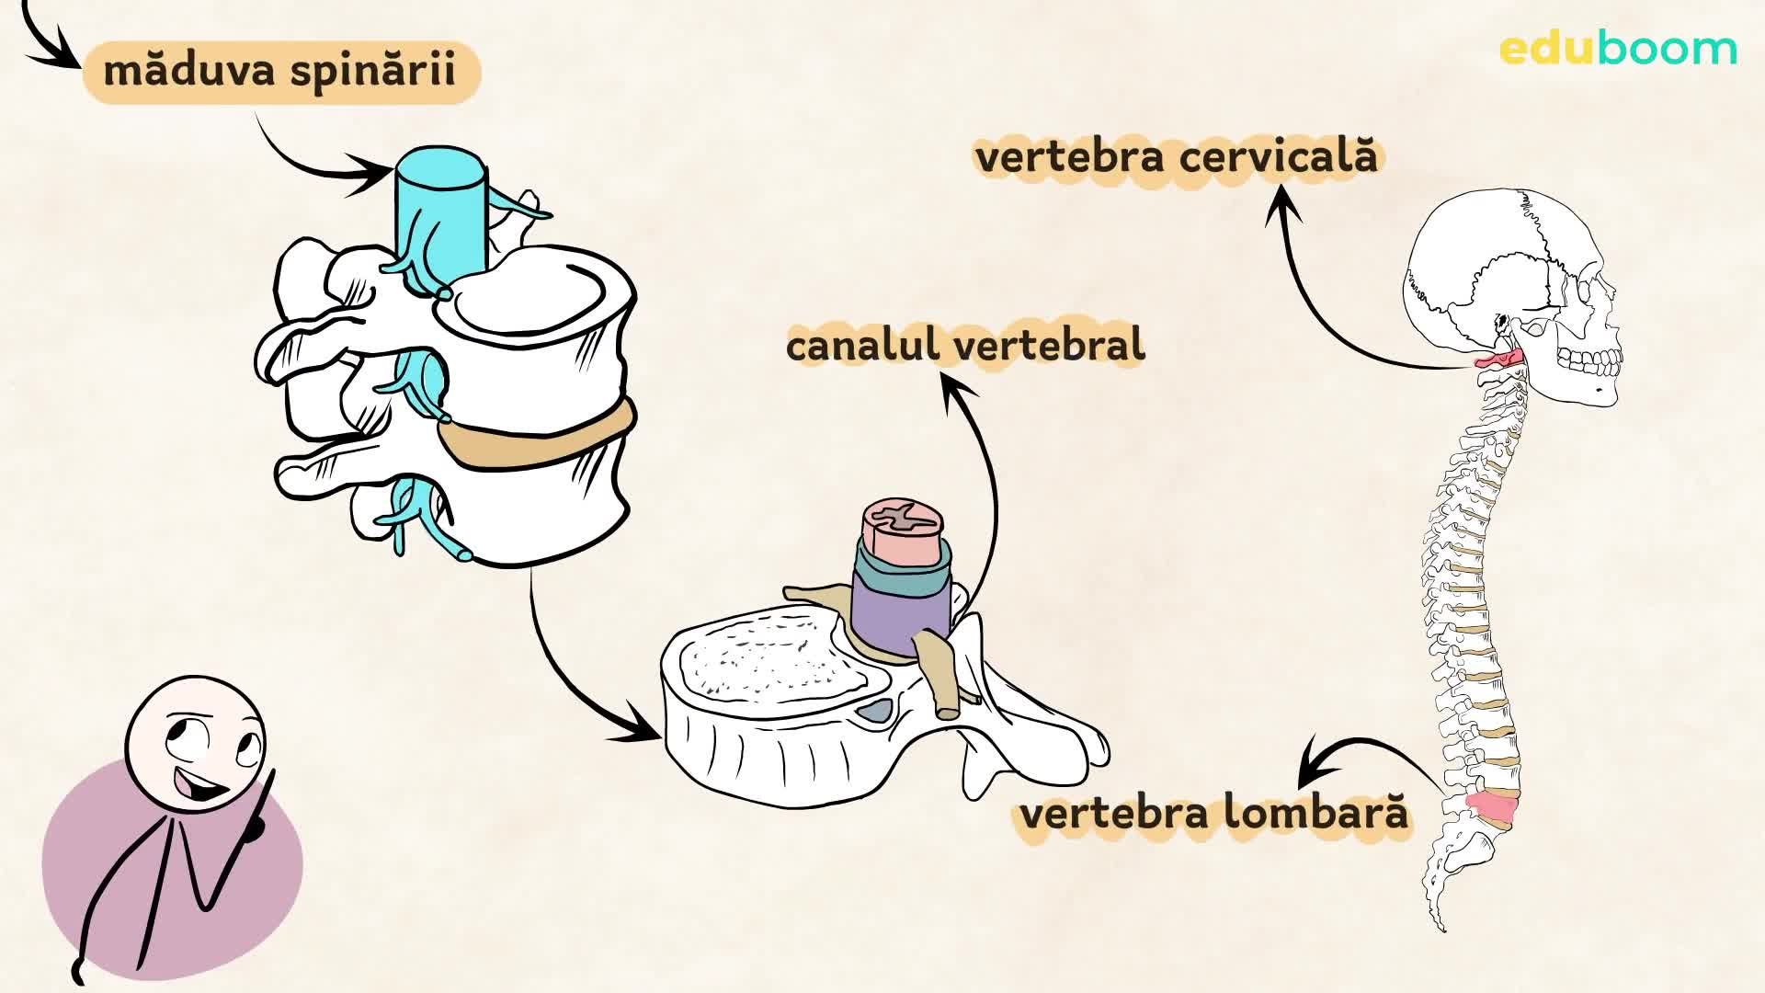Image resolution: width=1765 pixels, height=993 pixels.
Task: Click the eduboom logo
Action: pyautogui.click(x=1618, y=49)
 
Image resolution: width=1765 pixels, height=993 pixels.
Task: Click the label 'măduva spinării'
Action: pyautogui.click(x=280, y=71)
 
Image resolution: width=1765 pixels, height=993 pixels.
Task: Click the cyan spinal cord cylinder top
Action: pyautogui.click(x=441, y=171)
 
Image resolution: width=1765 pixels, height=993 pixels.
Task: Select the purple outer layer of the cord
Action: pyautogui.click(x=896, y=611)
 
